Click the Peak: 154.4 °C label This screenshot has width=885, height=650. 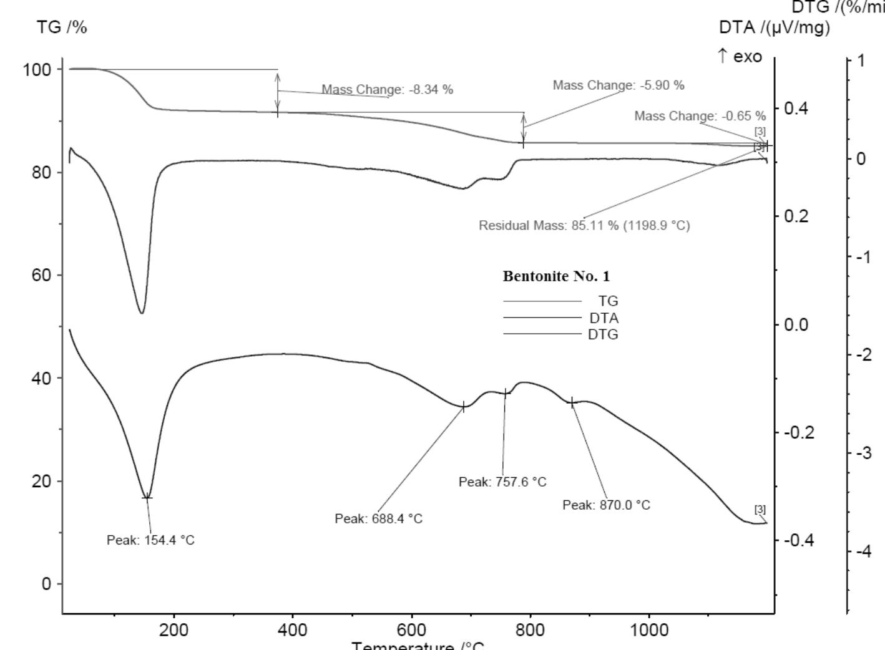150,540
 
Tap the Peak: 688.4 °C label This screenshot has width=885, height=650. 378,518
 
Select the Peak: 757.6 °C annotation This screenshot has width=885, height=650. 502,482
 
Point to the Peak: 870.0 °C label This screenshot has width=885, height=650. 606,505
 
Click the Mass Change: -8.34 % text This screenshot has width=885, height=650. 387,90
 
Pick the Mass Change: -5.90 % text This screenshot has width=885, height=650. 618,85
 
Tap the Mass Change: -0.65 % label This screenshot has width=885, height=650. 700,116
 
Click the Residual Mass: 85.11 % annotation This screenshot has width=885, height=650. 584,225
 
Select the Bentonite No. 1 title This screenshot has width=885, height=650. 556,276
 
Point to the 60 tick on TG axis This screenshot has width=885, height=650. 42,275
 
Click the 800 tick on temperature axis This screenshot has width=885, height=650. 529,629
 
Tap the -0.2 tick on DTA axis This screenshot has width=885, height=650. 799,432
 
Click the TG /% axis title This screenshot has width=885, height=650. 62,27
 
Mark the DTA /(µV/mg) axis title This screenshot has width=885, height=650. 774,27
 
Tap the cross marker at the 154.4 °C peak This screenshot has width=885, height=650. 147,497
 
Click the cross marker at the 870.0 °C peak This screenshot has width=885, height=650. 571,402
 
